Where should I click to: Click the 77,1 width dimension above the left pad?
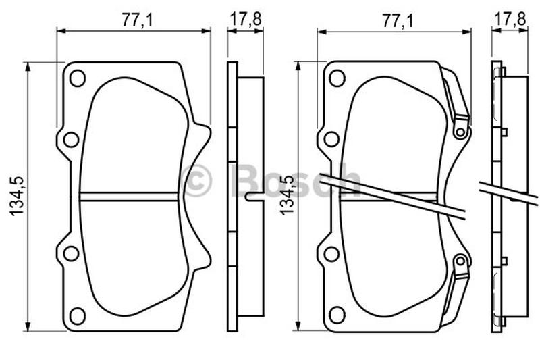136,20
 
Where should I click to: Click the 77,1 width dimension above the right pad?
397,21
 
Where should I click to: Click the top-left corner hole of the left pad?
77,78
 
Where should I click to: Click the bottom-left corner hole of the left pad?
77,315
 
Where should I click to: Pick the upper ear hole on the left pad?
72,140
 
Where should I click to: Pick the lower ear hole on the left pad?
72,253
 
